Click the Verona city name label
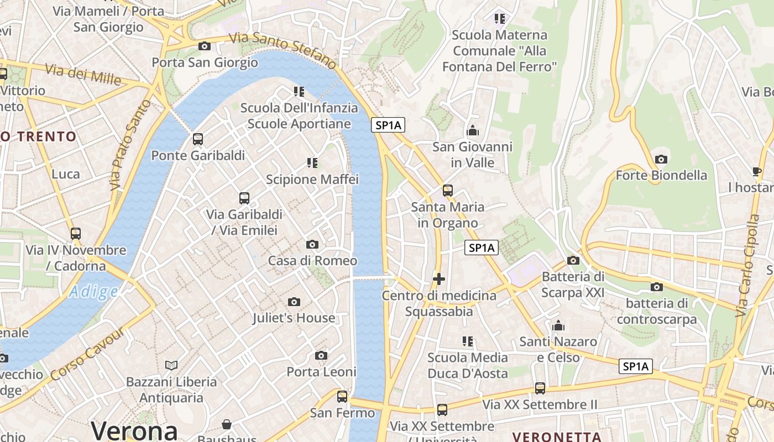(x=134, y=430)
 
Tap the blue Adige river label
(x=93, y=291)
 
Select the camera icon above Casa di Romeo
(x=312, y=244)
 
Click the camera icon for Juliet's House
(x=294, y=302)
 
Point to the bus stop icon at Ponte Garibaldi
(x=198, y=139)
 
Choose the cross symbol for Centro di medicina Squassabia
(x=439, y=279)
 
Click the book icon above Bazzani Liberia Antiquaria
(x=171, y=365)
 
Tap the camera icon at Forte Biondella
(x=661, y=159)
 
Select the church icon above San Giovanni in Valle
(x=472, y=131)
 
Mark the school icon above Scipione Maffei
(x=312, y=162)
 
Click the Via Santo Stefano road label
(x=282, y=50)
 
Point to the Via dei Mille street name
(x=83, y=75)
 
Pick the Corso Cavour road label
(x=89, y=354)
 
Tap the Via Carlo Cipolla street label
(x=747, y=265)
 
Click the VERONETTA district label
(x=557, y=436)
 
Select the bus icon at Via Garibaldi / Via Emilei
(x=244, y=198)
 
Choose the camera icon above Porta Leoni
(x=321, y=355)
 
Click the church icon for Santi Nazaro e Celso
(x=558, y=325)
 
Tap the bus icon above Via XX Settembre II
(x=540, y=388)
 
